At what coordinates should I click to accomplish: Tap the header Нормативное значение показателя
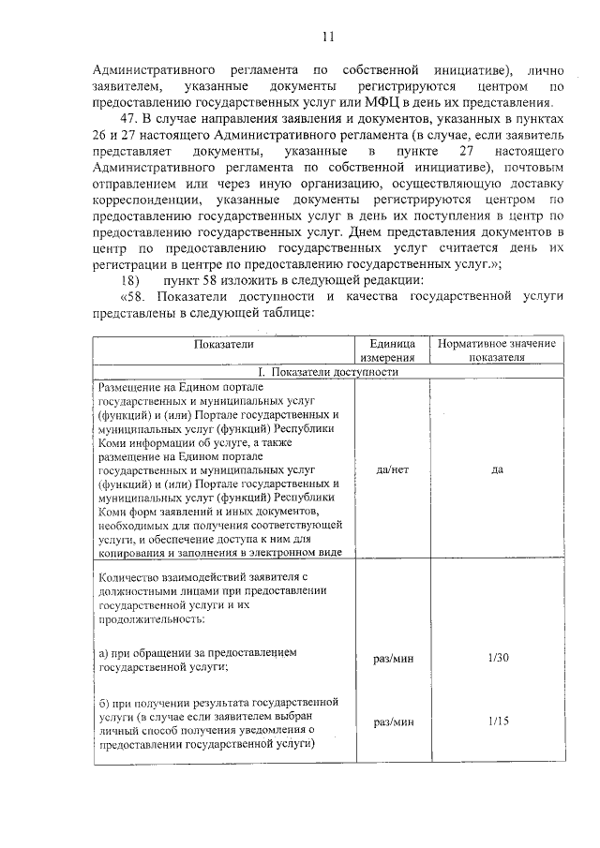point(498,350)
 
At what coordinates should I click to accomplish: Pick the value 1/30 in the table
point(498,658)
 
